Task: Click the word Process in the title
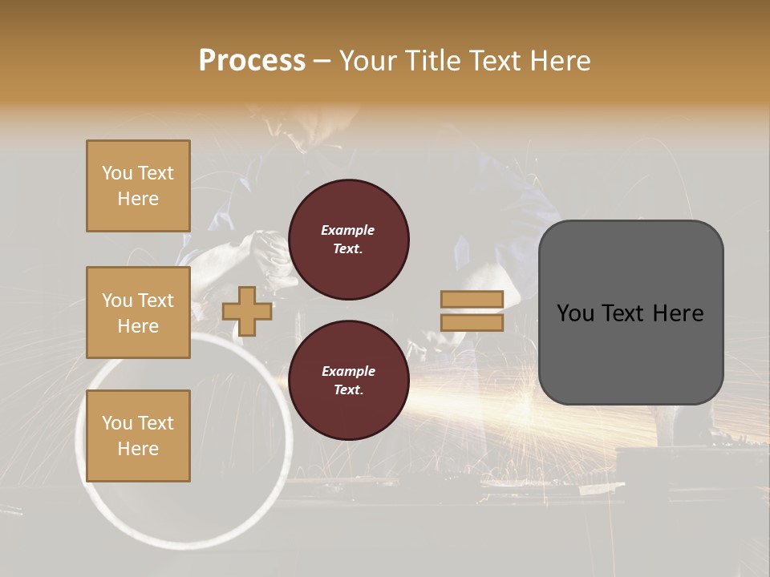point(252,61)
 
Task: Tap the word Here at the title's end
point(559,61)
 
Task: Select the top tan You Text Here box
point(138,186)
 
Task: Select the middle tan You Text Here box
point(138,313)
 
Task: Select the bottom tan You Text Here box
point(138,436)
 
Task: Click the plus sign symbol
point(247,312)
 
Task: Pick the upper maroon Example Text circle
point(348,240)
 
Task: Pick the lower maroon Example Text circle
point(348,381)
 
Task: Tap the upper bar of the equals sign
point(472,299)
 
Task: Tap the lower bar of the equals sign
point(472,323)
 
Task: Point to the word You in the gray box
point(576,313)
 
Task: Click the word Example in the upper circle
point(348,230)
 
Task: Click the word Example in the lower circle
point(348,371)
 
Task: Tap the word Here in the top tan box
point(138,199)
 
